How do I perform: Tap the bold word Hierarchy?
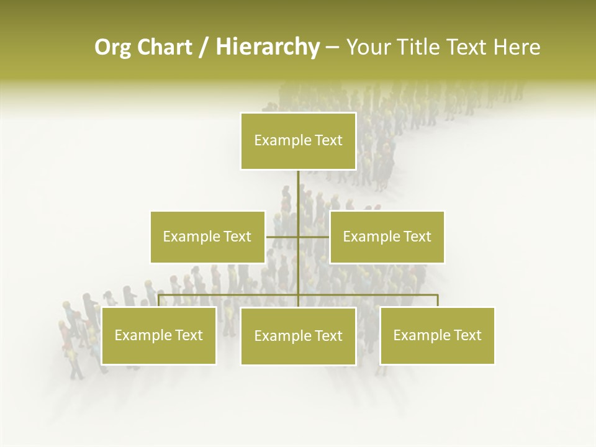[x=267, y=47]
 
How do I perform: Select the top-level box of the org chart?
[x=298, y=141]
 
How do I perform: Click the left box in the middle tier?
[x=207, y=237]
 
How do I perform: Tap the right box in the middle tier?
[x=387, y=237]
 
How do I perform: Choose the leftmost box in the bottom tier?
[x=159, y=335]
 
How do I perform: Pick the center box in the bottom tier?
[x=298, y=336]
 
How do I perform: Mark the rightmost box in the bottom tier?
[x=437, y=335]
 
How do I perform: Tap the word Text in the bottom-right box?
[x=467, y=335]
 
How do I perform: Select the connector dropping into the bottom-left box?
[x=159, y=300]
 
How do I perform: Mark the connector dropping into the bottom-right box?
[x=437, y=300]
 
